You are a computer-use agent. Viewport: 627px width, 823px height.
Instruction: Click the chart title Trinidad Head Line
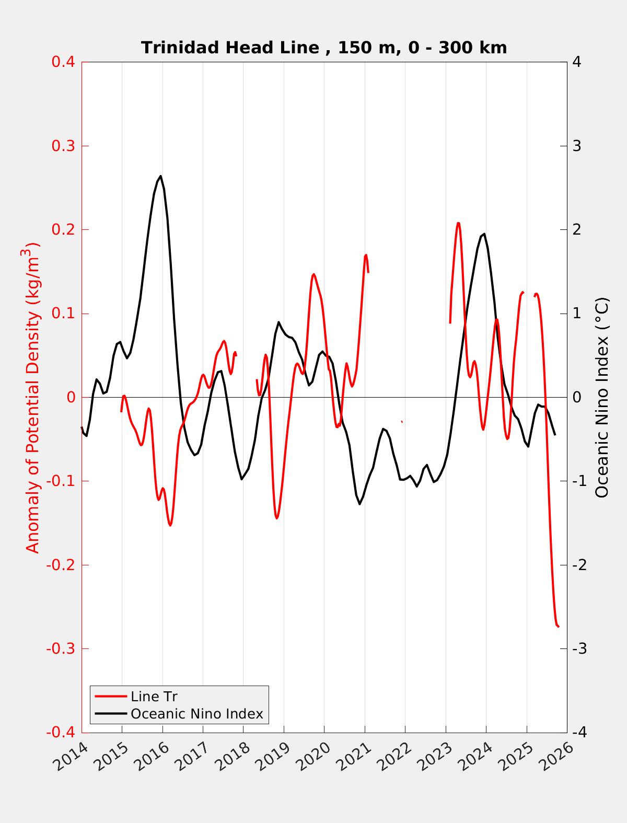(324, 48)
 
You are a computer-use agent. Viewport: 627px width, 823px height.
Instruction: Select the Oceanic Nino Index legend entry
(196, 713)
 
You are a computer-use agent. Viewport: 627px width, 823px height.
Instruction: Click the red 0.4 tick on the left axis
(63, 62)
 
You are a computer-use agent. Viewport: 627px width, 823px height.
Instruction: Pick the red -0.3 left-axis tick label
(61, 649)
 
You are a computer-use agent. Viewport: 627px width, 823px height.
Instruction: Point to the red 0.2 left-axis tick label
(63, 229)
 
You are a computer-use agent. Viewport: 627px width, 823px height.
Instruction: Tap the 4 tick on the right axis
(577, 62)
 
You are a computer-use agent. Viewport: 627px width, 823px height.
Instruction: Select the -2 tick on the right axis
(579, 565)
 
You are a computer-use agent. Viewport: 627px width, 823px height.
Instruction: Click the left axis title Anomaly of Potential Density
(32, 397)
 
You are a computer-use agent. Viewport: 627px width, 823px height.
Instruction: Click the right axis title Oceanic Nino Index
(602, 397)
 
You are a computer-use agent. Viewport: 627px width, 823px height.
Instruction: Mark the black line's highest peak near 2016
(160, 176)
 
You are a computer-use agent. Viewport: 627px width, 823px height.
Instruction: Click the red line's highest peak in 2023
(458, 223)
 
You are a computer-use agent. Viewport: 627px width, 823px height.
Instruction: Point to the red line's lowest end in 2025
(558, 626)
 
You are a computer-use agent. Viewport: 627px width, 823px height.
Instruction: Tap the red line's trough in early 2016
(170, 525)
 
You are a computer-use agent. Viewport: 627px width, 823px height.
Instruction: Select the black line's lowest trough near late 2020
(360, 504)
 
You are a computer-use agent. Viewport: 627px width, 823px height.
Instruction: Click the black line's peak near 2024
(484, 234)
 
